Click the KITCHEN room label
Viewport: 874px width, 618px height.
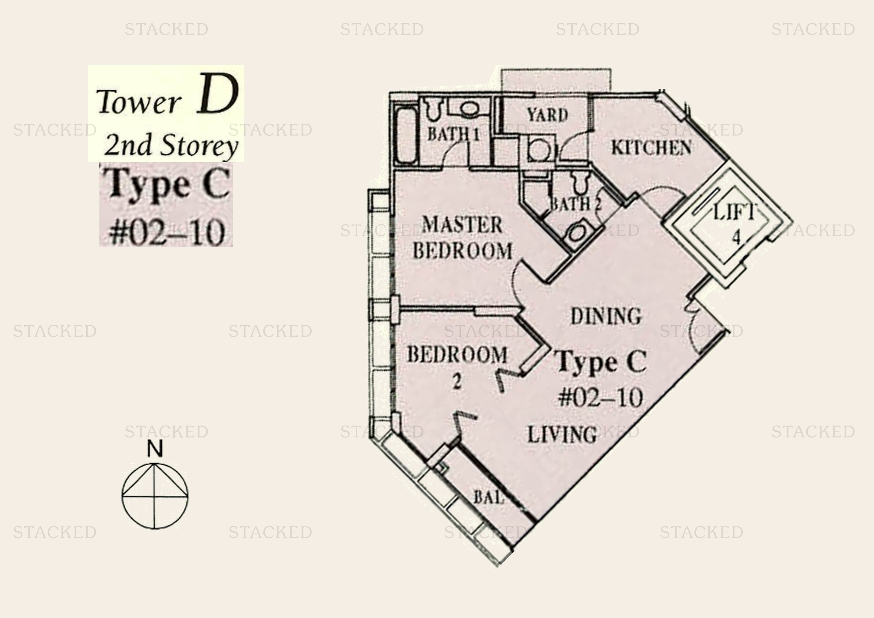651,148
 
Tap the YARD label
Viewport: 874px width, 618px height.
547,115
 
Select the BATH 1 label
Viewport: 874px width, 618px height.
453,134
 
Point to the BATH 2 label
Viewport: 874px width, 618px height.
575,204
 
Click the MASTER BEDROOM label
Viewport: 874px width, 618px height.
463,238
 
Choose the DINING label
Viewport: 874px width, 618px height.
606,316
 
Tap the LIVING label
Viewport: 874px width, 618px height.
562,435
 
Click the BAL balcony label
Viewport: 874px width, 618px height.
489,497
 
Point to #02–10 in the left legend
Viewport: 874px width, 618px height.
166,232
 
